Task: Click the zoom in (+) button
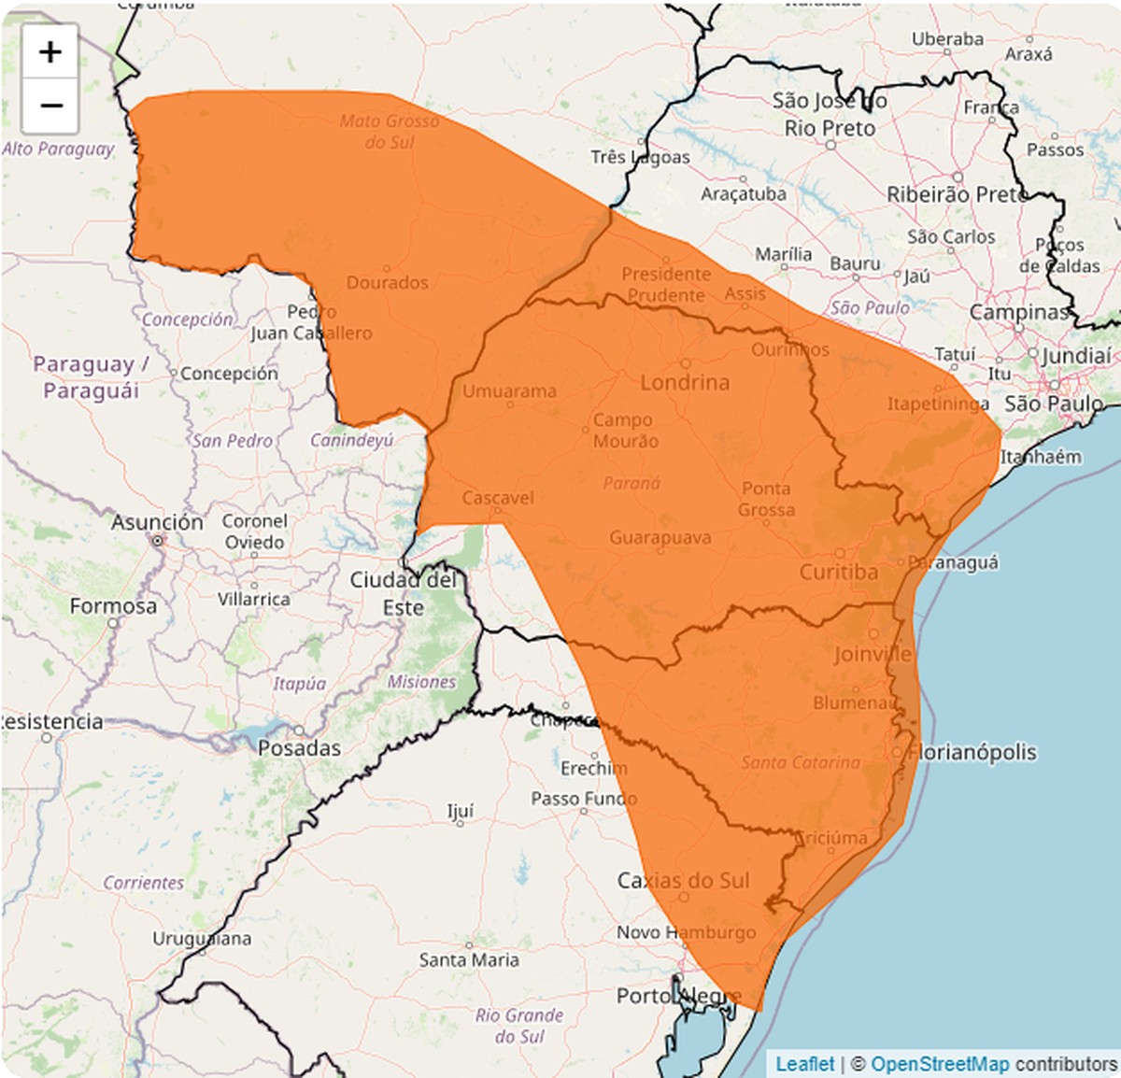click(50, 51)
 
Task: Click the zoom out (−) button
click(50, 105)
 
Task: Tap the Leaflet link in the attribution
click(804, 1064)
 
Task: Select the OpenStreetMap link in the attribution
click(940, 1064)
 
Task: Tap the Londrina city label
click(685, 382)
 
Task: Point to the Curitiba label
click(838, 572)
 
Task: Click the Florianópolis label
click(972, 752)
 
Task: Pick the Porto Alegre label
click(678, 996)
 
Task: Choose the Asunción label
click(157, 522)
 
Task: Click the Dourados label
click(388, 282)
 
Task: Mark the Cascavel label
click(498, 498)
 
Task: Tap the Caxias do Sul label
click(683, 880)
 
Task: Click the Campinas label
click(1018, 312)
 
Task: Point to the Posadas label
click(299, 748)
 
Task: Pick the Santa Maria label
click(469, 959)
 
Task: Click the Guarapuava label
click(660, 538)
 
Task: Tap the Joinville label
click(873, 654)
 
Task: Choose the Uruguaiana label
click(202, 938)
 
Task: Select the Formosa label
click(113, 606)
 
